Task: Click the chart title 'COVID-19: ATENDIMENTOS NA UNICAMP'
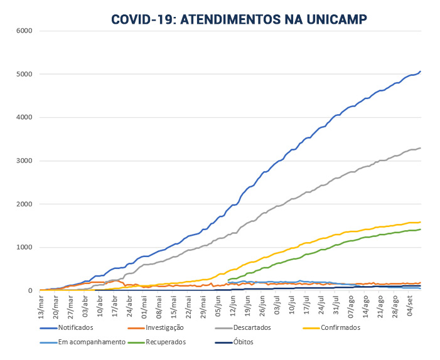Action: tap(239, 19)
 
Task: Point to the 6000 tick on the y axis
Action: tap(24, 31)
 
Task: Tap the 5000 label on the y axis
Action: tap(24, 74)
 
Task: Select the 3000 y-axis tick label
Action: tap(24, 161)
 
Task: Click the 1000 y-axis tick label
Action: tap(24, 247)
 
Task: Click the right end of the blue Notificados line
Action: tap(420, 71)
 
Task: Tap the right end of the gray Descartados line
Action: tap(420, 148)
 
